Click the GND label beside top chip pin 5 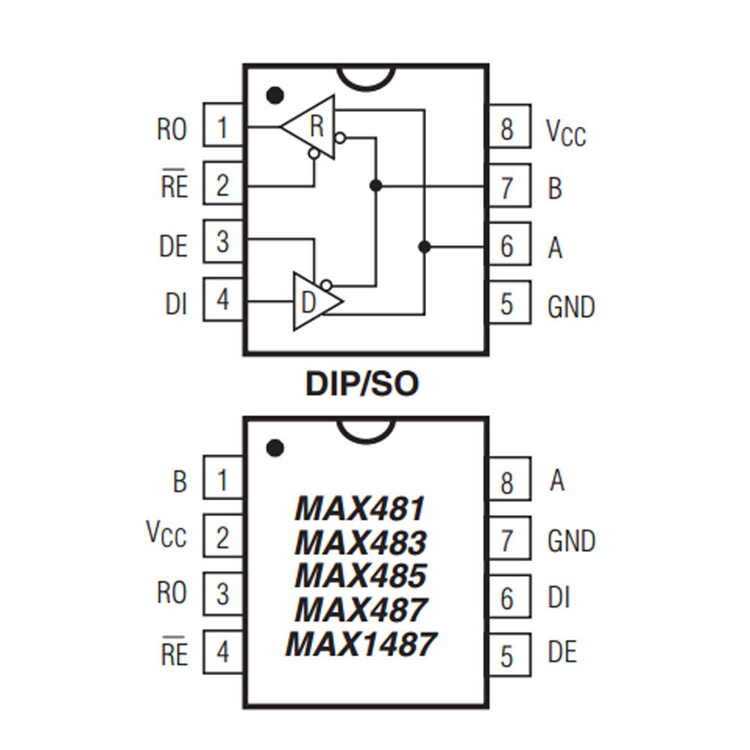(x=571, y=307)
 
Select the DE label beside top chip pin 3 (x=173, y=246)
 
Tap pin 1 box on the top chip (x=223, y=127)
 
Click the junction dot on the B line (x=376, y=185)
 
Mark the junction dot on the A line (x=424, y=246)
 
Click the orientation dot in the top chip (x=275, y=96)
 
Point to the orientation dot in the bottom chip (x=275, y=448)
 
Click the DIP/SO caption (x=361, y=384)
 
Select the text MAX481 (x=360, y=509)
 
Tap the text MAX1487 (x=360, y=644)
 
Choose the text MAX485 (x=360, y=576)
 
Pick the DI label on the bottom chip (x=559, y=598)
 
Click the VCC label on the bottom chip (x=166, y=535)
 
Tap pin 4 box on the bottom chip (x=223, y=652)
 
